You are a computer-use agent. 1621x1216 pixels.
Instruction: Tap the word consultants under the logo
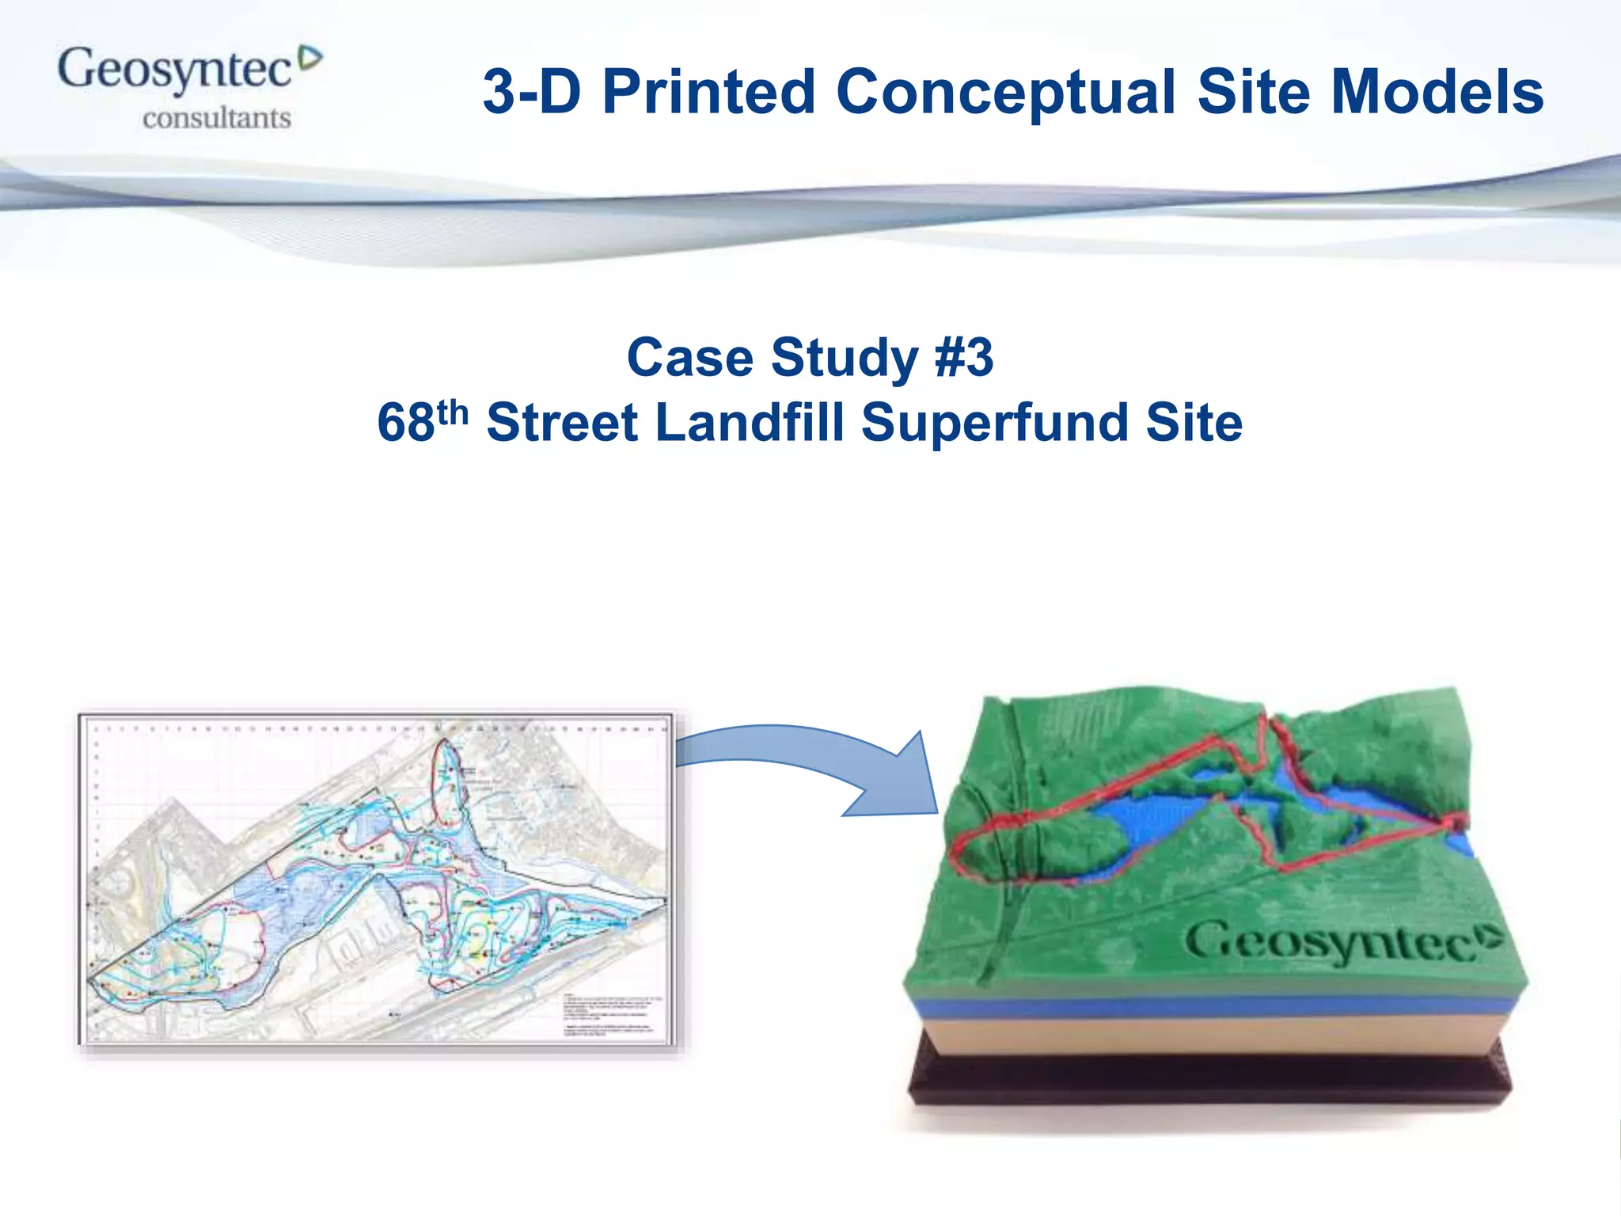point(217,119)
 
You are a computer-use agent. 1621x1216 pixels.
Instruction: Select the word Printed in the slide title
point(708,92)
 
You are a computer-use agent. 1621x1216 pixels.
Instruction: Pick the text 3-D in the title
point(532,92)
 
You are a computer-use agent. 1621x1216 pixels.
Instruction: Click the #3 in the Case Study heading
point(963,358)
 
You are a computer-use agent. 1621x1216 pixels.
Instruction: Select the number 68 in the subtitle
point(405,423)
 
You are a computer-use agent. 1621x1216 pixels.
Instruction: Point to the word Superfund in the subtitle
point(994,423)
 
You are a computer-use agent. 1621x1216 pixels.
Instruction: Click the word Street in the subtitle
point(562,423)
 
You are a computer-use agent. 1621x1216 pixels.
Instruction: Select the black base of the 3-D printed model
point(1211,1081)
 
